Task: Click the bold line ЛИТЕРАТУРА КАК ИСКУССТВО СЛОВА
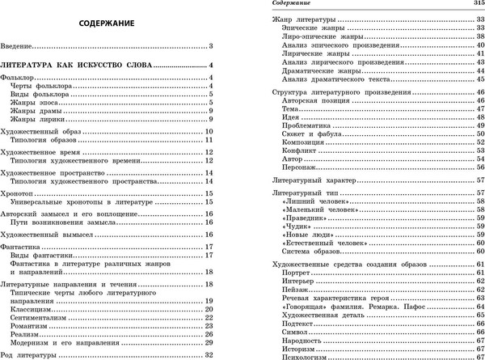(x=77, y=64)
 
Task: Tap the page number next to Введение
(x=210, y=45)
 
